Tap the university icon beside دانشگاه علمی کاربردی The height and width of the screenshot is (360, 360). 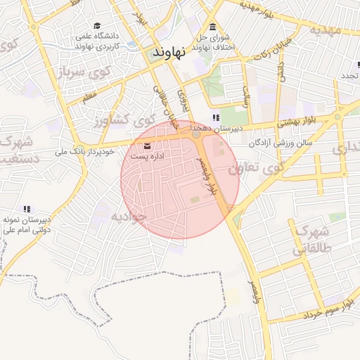[96, 26]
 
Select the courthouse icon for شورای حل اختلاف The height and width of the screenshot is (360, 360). [212, 26]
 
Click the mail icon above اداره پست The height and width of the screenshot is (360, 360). [147, 146]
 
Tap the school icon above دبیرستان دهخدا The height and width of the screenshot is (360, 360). [216, 117]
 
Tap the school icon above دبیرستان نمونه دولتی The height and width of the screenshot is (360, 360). [27, 209]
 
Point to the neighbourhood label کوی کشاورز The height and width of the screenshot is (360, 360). [117, 121]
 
